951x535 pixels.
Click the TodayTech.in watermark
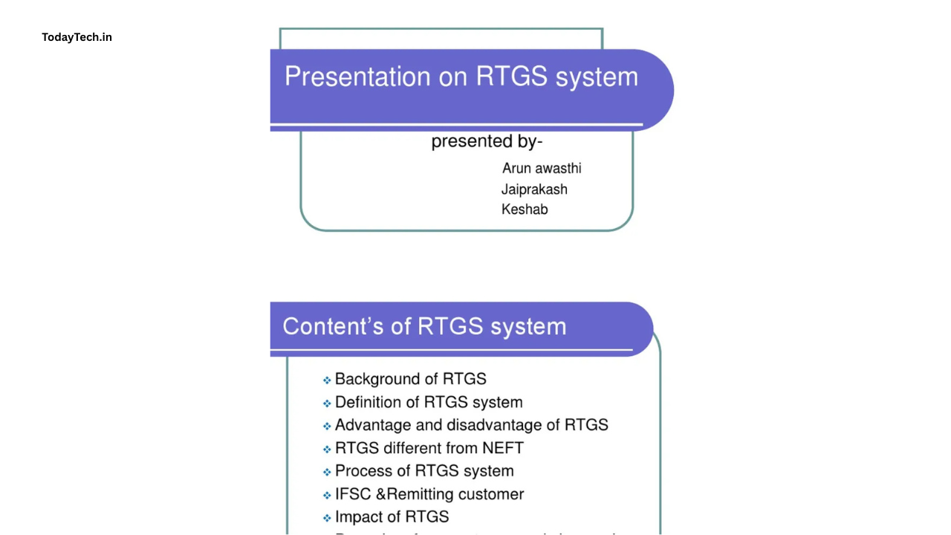pos(77,37)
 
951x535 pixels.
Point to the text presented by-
pos(487,141)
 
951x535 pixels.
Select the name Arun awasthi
pos(542,168)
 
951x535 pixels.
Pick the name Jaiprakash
pos(534,189)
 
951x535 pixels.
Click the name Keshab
pos(525,210)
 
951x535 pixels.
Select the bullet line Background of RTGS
pos(410,379)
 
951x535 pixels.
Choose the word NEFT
pos(503,448)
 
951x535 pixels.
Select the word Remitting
pos(418,494)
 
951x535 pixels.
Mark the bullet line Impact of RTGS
pos(392,517)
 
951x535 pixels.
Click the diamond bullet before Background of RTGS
pos(327,380)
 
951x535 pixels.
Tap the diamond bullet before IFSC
pos(327,496)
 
